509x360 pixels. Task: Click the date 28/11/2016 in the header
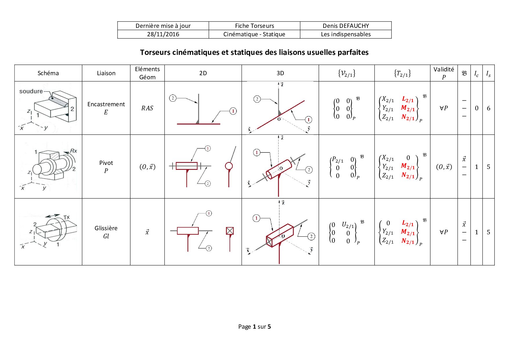point(163,34)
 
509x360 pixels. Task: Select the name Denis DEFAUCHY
point(346,26)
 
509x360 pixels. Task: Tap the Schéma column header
point(48,73)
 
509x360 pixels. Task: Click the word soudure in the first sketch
point(31,91)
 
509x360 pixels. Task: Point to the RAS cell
point(147,108)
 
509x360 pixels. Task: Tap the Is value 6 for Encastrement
point(488,108)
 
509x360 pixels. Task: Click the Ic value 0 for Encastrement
point(476,108)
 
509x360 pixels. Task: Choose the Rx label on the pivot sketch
point(74,151)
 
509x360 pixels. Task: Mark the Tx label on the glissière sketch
point(66,217)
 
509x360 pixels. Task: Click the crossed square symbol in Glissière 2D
point(230,231)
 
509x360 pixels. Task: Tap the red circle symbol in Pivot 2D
point(229,166)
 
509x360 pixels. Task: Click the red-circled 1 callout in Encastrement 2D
point(233,111)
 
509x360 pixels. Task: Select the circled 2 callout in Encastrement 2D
point(173,98)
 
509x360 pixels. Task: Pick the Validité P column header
point(444,73)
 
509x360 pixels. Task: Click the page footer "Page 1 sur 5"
point(255,327)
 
